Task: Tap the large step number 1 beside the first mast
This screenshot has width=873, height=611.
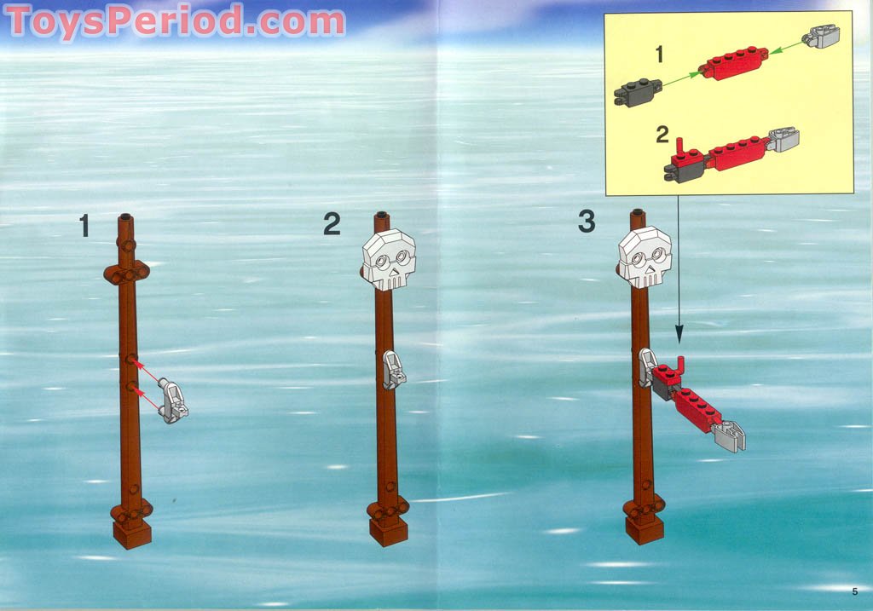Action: pos(84,226)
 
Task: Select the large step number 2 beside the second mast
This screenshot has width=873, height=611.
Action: pos(332,224)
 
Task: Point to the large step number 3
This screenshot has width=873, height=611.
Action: pos(587,222)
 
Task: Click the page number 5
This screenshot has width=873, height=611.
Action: pos(853,591)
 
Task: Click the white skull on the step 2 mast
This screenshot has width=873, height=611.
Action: pos(389,258)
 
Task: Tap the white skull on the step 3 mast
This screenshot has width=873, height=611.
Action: pos(645,257)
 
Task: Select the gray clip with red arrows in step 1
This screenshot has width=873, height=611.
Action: pos(174,402)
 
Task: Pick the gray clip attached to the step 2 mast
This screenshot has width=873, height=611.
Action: pos(392,370)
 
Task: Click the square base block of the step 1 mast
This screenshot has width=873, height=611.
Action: pos(132,533)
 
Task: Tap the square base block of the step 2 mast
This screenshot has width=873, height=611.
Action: pos(388,532)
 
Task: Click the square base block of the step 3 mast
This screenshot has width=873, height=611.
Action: pos(644,529)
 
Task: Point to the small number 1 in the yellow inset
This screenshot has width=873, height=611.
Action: pos(658,55)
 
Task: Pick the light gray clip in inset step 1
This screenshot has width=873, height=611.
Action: pos(822,36)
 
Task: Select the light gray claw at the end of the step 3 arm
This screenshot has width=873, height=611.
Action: pos(730,435)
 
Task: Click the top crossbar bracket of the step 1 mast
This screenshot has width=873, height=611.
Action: pos(127,273)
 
